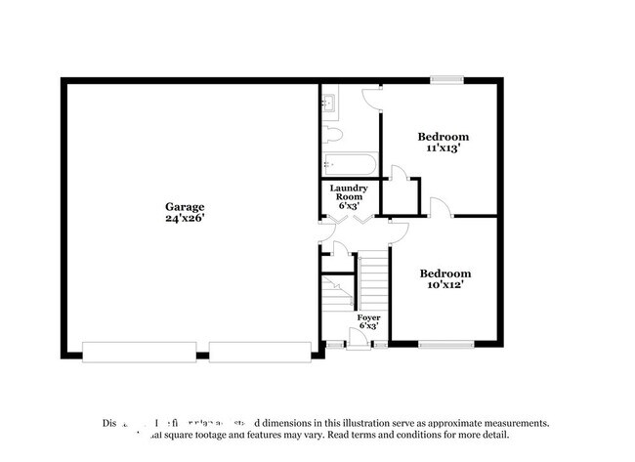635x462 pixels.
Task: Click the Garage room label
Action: [184, 207]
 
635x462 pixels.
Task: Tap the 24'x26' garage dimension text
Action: [184, 220]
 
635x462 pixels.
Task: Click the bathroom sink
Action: [329, 101]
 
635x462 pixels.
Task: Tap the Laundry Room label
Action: [349, 195]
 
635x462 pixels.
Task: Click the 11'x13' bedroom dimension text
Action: [443, 149]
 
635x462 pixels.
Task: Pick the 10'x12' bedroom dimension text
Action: [444, 286]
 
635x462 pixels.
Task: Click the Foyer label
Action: [368, 318]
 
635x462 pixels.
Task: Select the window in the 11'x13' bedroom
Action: [446, 81]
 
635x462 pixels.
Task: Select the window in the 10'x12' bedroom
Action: [445, 344]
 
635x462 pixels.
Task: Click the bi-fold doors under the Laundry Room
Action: [349, 222]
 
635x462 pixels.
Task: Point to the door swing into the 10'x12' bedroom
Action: [399, 232]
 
